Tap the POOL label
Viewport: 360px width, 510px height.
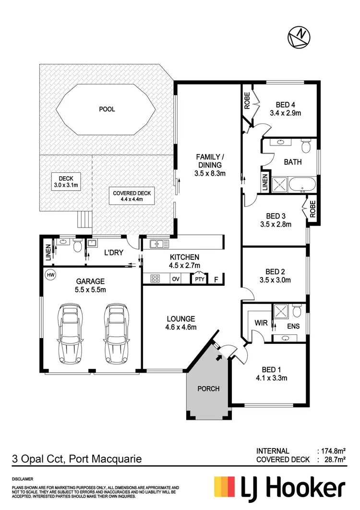click(x=107, y=109)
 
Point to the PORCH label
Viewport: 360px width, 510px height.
click(x=208, y=388)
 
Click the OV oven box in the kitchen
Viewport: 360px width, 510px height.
click(x=176, y=278)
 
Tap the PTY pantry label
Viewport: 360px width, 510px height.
click(x=199, y=279)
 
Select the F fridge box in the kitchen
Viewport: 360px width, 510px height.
click(x=216, y=279)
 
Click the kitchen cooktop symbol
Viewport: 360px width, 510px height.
click(x=155, y=278)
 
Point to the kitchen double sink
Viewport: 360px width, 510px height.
click(x=157, y=244)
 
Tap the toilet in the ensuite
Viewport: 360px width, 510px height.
click(x=297, y=313)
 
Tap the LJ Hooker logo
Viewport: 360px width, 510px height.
click(x=279, y=487)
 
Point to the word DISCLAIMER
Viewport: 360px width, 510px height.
click(x=23, y=479)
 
